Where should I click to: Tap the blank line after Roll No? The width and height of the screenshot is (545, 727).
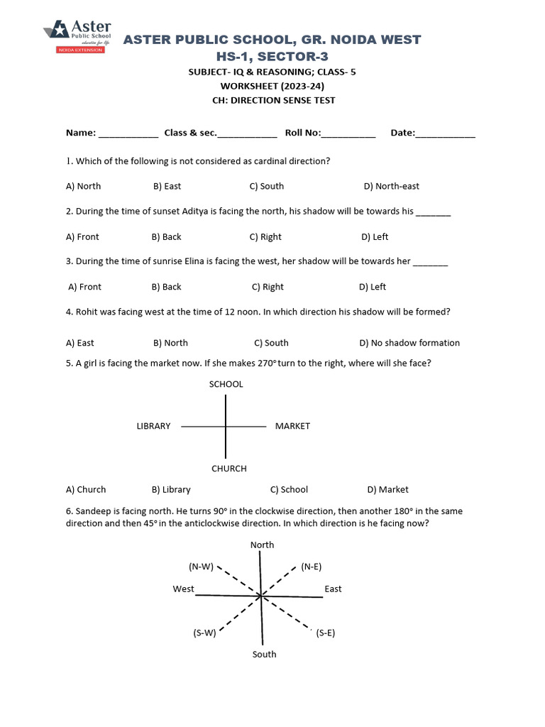(348, 134)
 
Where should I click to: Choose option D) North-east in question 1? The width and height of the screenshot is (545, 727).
(391, 186)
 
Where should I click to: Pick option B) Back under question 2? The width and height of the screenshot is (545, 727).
(166, 236)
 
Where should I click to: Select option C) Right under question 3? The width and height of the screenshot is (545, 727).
(268, 287)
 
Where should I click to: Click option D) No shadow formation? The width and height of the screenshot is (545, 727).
(409, 343)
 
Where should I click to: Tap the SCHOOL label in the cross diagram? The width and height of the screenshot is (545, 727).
(226, 384)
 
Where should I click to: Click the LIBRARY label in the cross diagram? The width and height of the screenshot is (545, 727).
(153, 426)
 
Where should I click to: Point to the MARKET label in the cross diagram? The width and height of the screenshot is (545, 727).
(292, 426)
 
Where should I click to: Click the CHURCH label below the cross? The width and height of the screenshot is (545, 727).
(229, 469)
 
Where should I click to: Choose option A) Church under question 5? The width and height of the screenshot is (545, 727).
(86, 489)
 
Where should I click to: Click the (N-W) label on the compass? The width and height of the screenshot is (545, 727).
(200, 567)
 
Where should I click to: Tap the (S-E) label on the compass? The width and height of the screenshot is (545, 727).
(326, 633)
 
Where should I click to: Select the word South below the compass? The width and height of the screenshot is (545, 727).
(264, 654)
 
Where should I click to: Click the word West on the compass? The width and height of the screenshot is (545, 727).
(183, 589)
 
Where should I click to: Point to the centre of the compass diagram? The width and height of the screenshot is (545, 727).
(261, 596)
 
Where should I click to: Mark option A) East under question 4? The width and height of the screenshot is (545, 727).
(80, 343)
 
